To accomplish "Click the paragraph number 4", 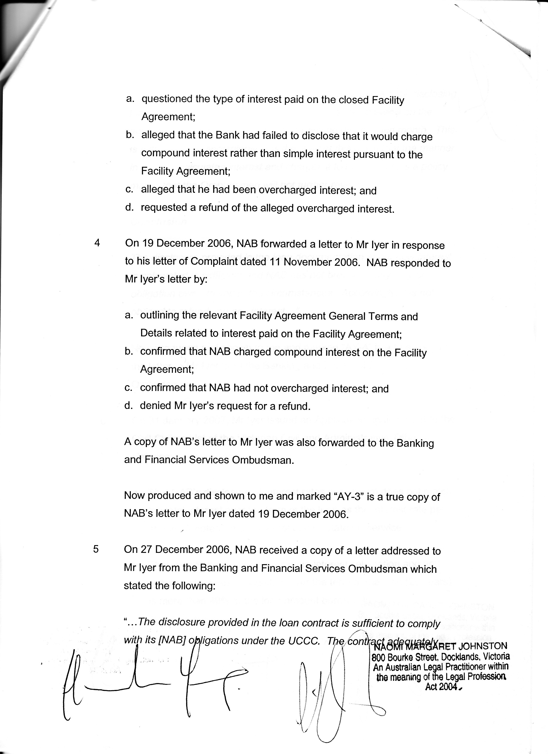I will pos(97,243).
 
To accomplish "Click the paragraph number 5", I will pos(96,549).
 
